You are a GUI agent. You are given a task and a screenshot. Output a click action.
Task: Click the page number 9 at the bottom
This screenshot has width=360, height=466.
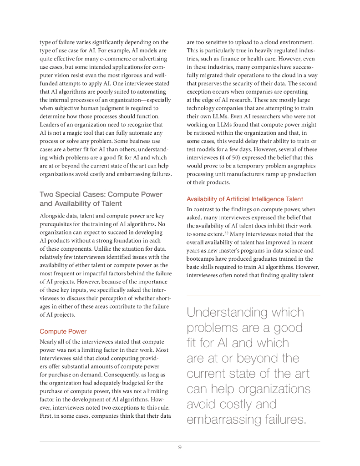coord(180,447)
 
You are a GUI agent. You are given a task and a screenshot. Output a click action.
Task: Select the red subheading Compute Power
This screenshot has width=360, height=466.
coord(63,331)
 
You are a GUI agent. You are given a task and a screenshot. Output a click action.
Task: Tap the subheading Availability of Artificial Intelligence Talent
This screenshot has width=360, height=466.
coord(245,199)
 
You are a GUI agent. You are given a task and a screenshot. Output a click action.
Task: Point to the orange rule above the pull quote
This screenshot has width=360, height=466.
coord(253,295)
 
